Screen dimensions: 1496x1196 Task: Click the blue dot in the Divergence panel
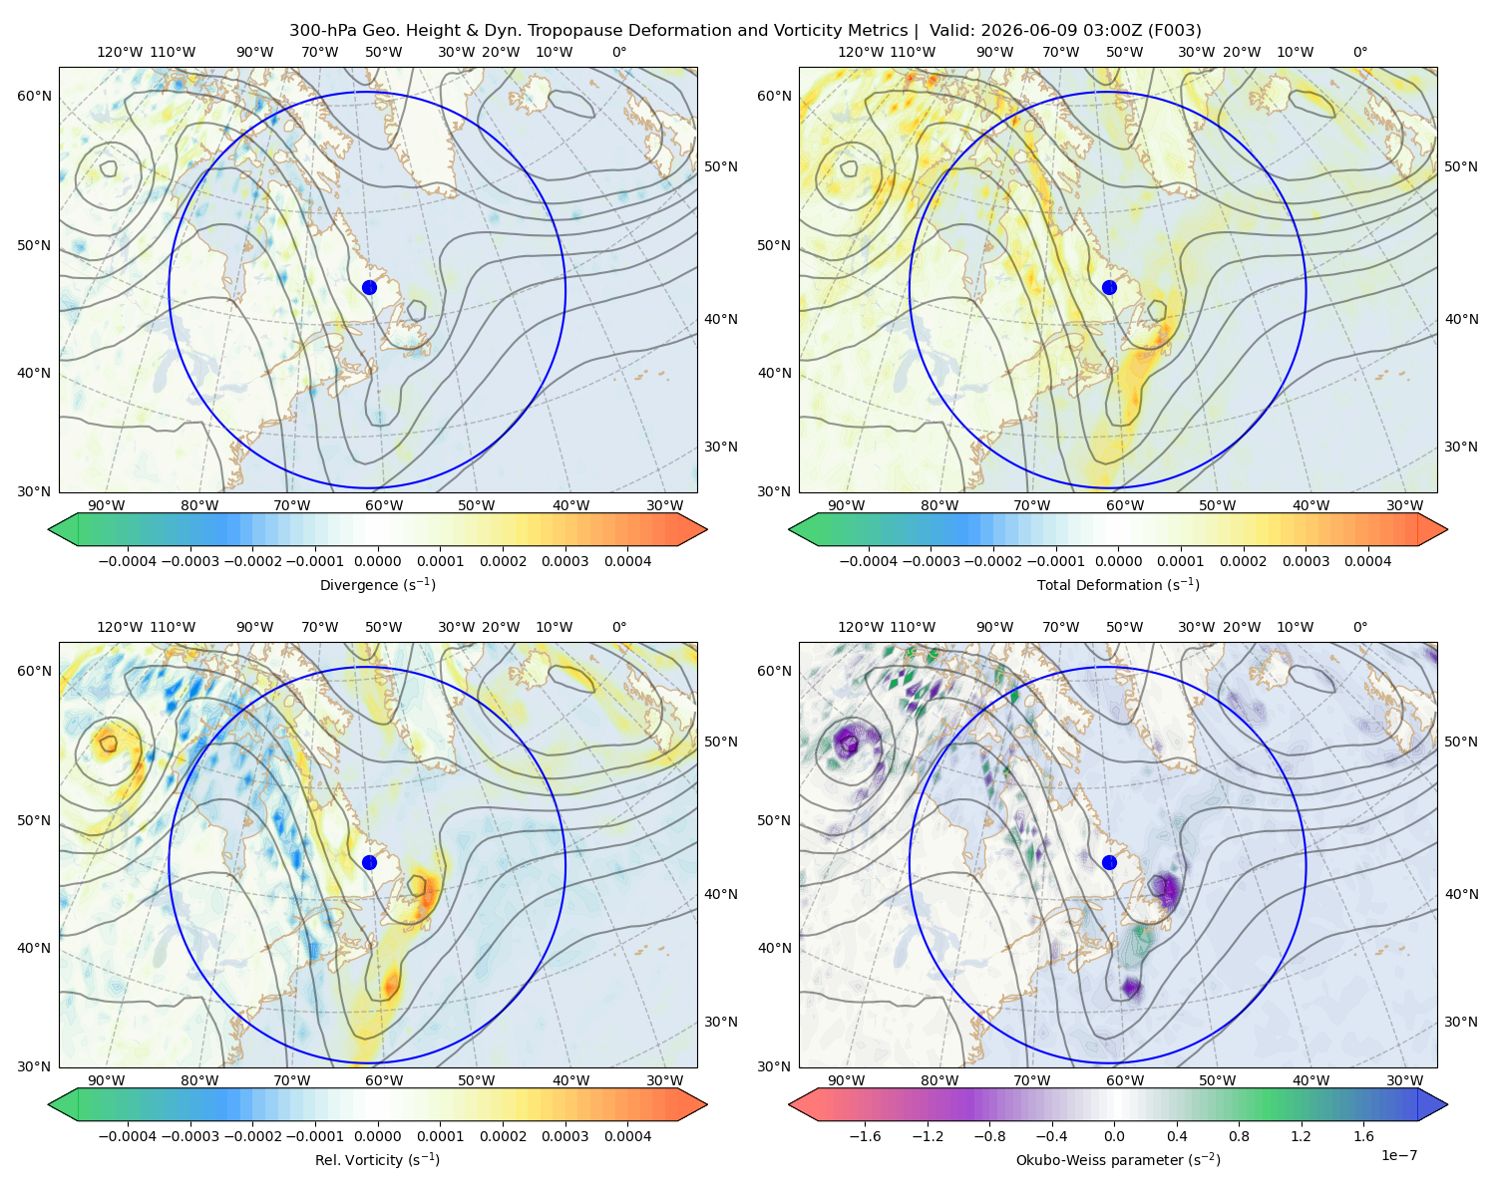pyautogui.click(x=369, y=287)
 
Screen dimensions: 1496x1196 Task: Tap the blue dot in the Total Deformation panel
pyautogui.click(x=1109, y=287)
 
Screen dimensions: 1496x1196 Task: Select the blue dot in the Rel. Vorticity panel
pyautogui.click(x=369, y=862)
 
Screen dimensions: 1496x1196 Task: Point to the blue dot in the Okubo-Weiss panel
pyautogui.click(x=1109, y=862)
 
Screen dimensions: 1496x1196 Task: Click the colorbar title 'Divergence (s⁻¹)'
pyautogui.click(x=377, y=584)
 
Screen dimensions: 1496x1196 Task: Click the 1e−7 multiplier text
pyautogui.click(x=1398, y=1155)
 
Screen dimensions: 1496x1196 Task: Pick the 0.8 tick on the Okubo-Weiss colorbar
pyautogui.click(x=1239, y=1136)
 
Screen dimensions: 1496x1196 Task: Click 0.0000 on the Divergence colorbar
pyautogui.click(x=377, y=561)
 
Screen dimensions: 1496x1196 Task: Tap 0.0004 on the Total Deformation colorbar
pyautogui.click(x=1367, y=561)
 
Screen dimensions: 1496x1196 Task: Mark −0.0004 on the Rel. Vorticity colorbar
pyautogui.click(x=128, y=1136)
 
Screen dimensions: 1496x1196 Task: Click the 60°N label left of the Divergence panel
pyautogui.click(x=34, y=96)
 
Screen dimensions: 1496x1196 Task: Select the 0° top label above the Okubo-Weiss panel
pyautogui.click(x=1359, y=627)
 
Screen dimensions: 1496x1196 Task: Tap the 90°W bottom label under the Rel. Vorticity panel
pyautogui.click(x=107, y=1080)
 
